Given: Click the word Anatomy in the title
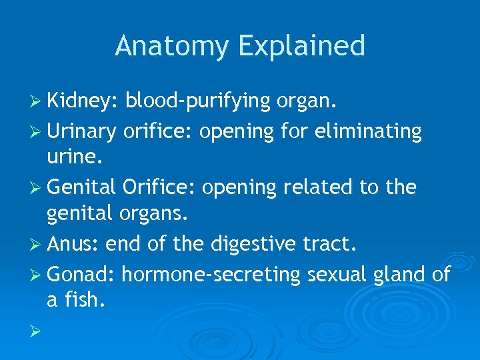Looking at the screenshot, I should pos(172,47).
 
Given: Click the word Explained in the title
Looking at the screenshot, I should pos(301,47).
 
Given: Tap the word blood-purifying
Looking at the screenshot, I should pos(197,102).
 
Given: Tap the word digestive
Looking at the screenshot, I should pos(251,245).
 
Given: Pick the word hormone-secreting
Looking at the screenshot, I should pos(212,274).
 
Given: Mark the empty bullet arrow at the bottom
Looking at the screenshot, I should pos(39,330).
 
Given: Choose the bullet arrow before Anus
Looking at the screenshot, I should pos(39,245).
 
